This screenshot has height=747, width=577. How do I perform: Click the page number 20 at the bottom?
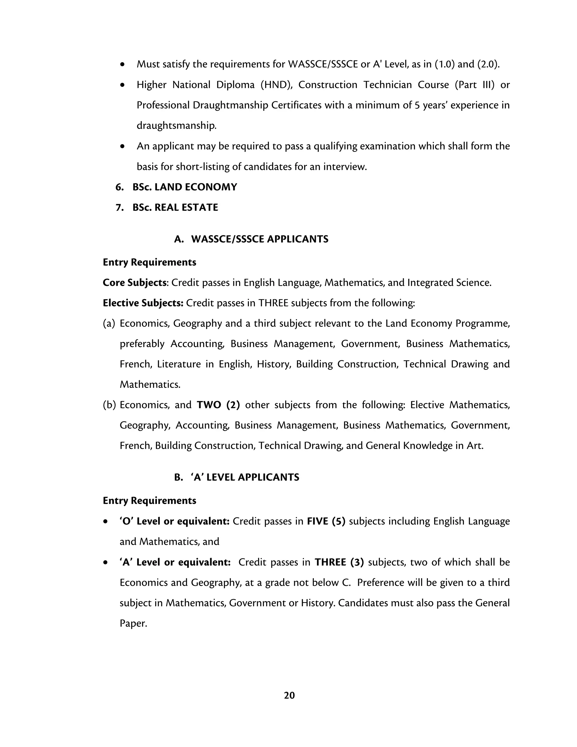289,695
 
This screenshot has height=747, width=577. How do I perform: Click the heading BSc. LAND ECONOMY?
185,187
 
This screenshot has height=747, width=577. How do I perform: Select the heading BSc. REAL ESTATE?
175,208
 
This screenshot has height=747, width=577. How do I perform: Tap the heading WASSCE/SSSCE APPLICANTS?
259,239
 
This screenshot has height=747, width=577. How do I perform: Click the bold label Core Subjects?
134,282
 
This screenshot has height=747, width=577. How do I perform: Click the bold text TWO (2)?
218,405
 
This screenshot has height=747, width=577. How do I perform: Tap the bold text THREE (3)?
339,562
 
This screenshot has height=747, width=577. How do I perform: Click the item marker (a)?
109,324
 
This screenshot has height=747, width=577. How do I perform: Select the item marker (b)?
109,405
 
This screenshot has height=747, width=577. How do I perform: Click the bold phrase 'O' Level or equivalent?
174,521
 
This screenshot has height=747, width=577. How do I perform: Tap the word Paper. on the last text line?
133,624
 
